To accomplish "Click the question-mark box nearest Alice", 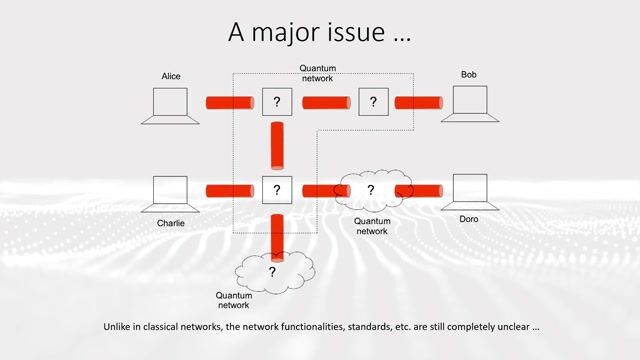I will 276,102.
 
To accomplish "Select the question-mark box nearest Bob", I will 373,102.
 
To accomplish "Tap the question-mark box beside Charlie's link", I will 276,189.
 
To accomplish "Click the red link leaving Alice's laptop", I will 229,102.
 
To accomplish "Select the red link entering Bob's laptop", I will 418,102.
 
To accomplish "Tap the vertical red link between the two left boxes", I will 276,145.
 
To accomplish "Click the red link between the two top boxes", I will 325,102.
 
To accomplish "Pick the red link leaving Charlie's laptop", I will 229,189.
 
